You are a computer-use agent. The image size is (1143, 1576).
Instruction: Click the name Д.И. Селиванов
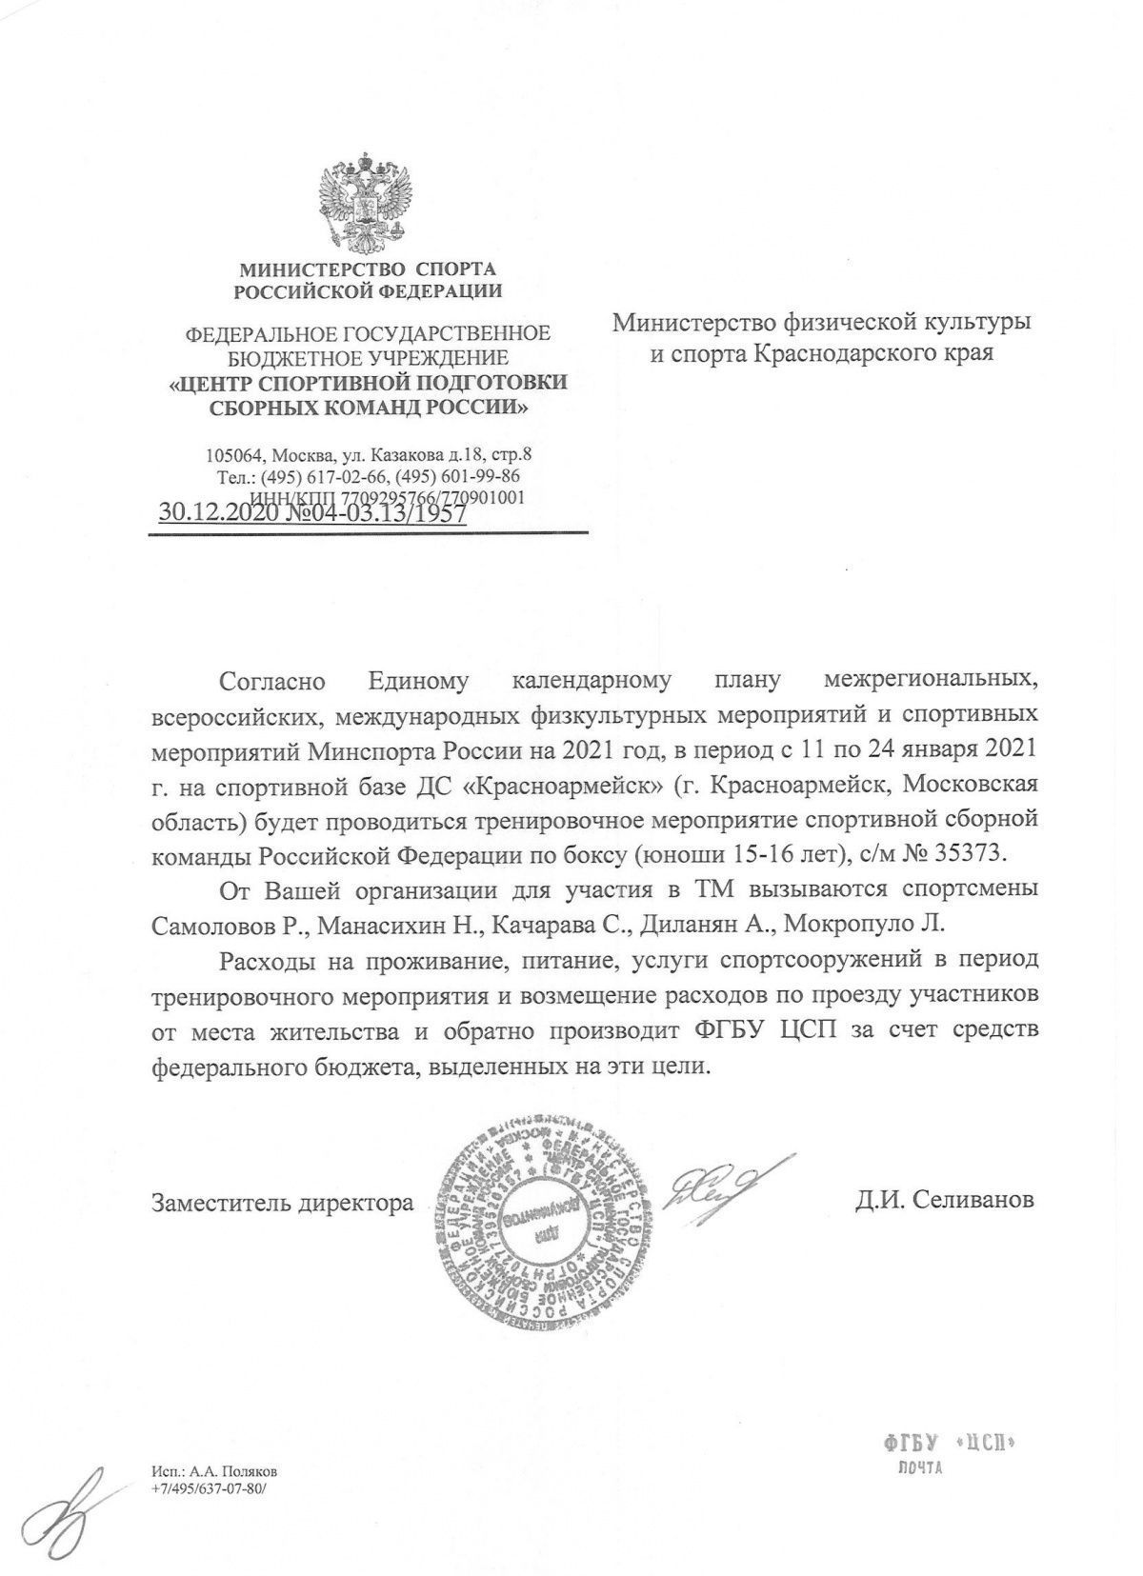point(944,1201)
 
